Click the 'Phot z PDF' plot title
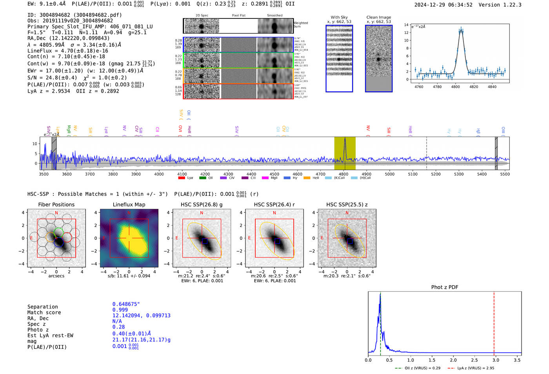(x=445, y=287)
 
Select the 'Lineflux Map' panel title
(x=129, y=204)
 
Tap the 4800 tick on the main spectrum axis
(x=344, y=174)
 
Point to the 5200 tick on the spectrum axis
(x=436, y=174)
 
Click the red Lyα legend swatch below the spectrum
(x=182, y=178)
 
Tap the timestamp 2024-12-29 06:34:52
(x=443, y=5)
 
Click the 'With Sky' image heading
(x=339, y=17)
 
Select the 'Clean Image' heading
(x=378, y=17)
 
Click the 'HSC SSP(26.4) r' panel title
(x=274, y=204)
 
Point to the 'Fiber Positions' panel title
(x=56, y=204)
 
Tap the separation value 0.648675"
(x=126, y=304)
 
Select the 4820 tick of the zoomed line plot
(x=474, y=87)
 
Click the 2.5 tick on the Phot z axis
(x=474, y=360)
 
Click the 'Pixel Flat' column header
(x=238, y=15)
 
